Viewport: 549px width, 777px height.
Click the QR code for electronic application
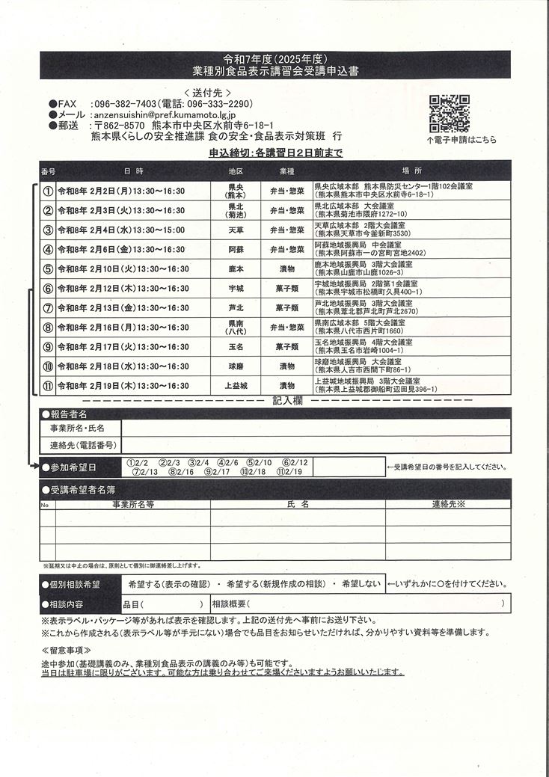[449, 114]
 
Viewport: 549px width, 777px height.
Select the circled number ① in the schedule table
[48, 191]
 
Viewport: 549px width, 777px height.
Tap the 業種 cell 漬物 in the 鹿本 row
[287, 268]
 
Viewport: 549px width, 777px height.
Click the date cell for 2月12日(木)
[123, 289]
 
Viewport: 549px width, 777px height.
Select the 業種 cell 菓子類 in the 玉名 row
[287, 347]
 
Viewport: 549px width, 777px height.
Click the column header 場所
[411, 171]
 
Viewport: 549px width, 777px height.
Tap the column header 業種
[287, 171]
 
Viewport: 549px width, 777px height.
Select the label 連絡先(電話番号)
[82, 445]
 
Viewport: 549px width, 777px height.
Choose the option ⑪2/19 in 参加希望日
[289, 472]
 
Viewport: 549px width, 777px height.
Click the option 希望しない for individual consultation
[361, 583]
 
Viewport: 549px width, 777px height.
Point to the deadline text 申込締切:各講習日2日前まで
[275, 153]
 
